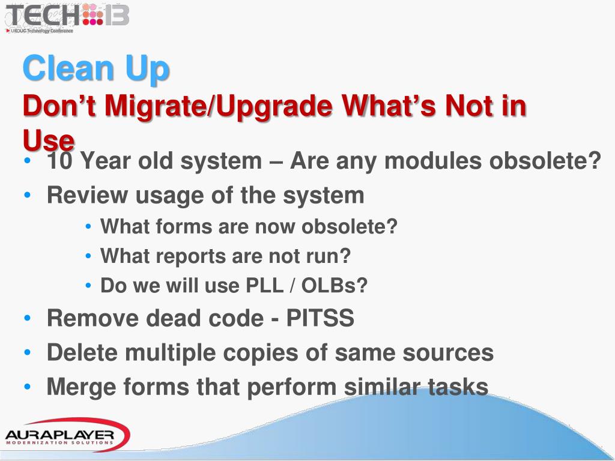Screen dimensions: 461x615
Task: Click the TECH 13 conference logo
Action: tap(67, 16)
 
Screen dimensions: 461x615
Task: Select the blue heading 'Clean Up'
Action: tap(96, 68)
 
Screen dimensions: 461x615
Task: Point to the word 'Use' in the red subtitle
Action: tap(49, 140)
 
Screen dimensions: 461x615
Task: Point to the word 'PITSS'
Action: tap(320, 318)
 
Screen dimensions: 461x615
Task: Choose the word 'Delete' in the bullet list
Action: tap(82, 352)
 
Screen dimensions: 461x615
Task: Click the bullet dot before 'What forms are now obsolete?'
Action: tap(88, 227)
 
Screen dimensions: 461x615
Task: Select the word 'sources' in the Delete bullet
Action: tap(447, 352)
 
